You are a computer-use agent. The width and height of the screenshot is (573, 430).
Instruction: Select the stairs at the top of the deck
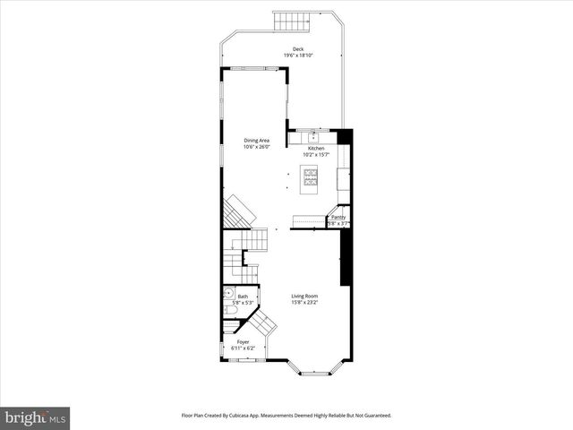[x=288, y=20]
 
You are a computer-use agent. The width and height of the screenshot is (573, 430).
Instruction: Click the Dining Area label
[x=257, y=141]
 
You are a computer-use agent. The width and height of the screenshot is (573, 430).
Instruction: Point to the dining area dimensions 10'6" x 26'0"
[x=257, y=147]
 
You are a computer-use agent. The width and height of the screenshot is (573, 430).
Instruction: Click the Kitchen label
[x=317, y=149]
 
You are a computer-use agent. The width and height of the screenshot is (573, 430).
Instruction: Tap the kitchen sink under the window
[x=313, y=137]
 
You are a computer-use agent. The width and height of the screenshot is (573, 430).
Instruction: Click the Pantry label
[x=338, y=217]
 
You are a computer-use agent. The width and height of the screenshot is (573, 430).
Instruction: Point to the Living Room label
[x=304, y=297]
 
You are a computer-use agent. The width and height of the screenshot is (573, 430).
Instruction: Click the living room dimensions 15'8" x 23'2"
[x=304, y=303]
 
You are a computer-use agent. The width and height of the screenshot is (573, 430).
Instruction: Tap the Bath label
[x=243, y=297]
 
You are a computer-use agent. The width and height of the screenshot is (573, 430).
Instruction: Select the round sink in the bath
[x=228, y=293]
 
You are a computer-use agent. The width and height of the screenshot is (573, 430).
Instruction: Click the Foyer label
[x=243, y=342]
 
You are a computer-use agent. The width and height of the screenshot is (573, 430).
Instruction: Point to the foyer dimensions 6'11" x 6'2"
[x=244, y=348]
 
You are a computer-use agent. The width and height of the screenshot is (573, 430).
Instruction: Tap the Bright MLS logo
[x=36, y=417]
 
